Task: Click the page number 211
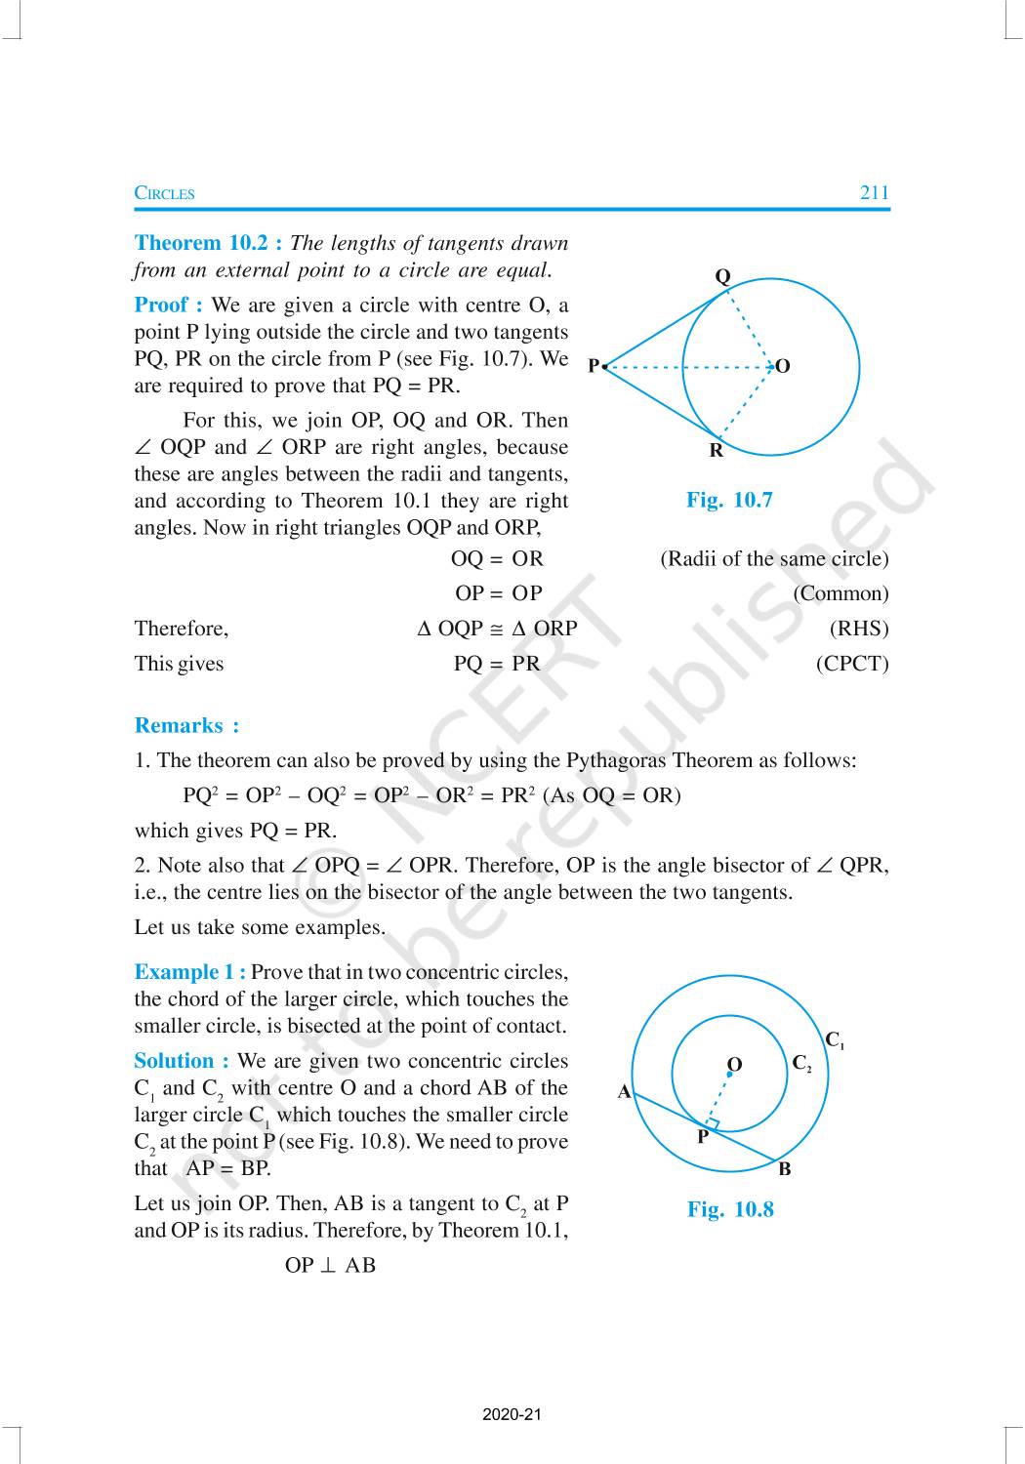pos(874,192)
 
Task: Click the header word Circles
pos(164,193)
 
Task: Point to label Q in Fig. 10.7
pos(722,276)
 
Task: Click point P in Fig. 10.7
pos(604,367)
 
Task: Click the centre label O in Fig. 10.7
pos(782,367)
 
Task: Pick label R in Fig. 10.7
pos(717,451)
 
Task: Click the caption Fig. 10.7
pos(729,501)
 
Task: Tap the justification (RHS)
pos(859,629)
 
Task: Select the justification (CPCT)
pos(852,664)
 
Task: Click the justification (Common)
pos(840,593)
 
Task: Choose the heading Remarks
pos(185,725)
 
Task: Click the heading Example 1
pos(189,972)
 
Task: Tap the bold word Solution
pos(181,1061)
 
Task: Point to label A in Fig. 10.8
pos(625,1092)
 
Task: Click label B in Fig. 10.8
pos(785,1169)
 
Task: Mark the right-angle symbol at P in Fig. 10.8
pos(713,1123)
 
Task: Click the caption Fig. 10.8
pos(730,1210)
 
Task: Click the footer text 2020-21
pos(512,1414)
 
